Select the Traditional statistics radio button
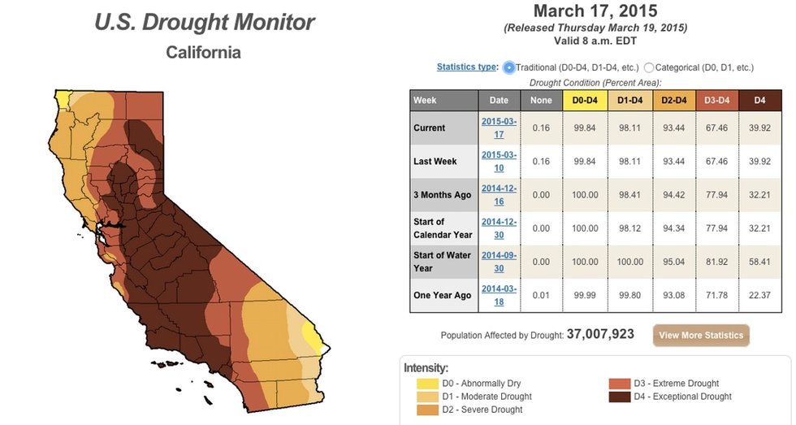(509, 67)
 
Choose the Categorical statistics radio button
(649, 67)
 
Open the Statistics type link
(467, 67)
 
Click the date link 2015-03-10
(499, 161)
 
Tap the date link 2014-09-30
(499, 262)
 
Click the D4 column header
(759, 100)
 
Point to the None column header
(541, 100)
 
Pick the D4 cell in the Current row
(759, 128)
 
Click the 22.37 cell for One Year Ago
(759, 295)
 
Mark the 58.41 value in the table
(759, 262)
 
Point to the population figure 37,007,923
(599, 334)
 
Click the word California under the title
(203, 53)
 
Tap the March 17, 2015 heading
(595, 11)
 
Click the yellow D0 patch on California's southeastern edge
(310, 335)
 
